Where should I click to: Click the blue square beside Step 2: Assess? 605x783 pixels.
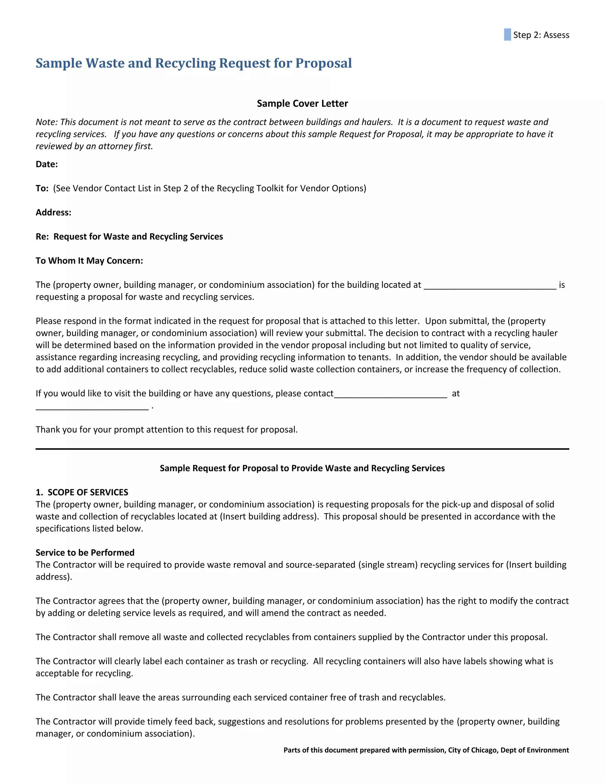[x=507, y=35]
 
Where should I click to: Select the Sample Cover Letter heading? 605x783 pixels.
[x=302, y=104]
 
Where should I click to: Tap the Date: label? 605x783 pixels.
[x=47, y=164]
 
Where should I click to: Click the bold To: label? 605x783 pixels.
[x=42, y=189]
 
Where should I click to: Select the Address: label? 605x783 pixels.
[x=53, y=213]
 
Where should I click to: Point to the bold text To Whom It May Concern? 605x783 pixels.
[x=89, y=261]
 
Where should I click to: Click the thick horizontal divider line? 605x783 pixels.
[x=302, y=449]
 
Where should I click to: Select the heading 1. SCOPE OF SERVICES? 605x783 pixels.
[x=82, y=492]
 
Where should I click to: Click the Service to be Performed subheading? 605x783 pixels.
[x=85, y=553]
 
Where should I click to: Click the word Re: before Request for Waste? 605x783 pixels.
[x=42, y=237]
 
